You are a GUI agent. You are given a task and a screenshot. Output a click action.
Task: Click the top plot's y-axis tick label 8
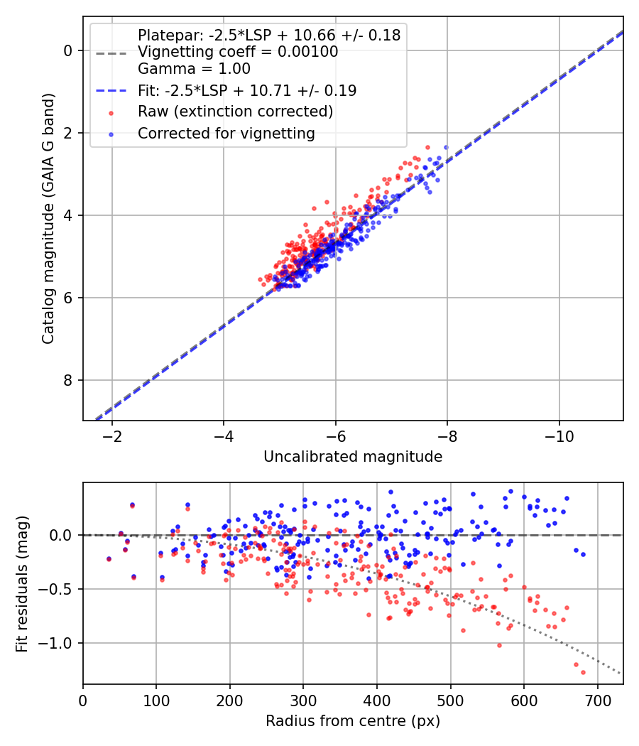coord(68,380)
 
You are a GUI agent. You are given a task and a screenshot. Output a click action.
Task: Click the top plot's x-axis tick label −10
coord(559,436)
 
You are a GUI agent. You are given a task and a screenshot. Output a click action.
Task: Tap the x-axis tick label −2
coord(111,436)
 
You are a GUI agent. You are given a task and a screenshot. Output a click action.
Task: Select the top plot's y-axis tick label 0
coord(68,50)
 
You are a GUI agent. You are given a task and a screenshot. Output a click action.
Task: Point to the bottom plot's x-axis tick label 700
coord(598,701)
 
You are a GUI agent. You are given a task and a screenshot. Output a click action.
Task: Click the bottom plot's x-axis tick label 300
coord(303,701)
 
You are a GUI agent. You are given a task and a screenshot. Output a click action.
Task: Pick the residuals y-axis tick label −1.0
coord(55,643)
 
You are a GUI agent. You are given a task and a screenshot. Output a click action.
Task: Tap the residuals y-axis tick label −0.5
coord(55,589)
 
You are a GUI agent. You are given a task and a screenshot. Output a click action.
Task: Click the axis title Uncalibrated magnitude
coord(353,457)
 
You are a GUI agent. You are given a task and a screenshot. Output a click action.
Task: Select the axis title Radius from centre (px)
coord(353,721)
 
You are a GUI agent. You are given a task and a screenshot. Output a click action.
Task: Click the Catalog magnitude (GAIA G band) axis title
coord(48,218)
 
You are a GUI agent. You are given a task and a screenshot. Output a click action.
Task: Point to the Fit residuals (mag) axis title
coord(22,584)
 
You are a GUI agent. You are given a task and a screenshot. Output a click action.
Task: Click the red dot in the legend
coord(111,113)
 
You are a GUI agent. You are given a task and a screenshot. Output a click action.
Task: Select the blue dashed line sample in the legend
coord(111,90)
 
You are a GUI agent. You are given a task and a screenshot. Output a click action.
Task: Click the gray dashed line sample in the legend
coord(111,53)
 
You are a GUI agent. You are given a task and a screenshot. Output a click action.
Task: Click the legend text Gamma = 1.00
coord(194,69)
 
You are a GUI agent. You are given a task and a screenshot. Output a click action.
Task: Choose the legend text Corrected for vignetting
coord(226,134)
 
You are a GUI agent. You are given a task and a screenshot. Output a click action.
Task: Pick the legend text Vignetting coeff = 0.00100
coord(238,52)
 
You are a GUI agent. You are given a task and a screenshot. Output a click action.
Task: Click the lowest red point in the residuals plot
coord(583,672)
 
